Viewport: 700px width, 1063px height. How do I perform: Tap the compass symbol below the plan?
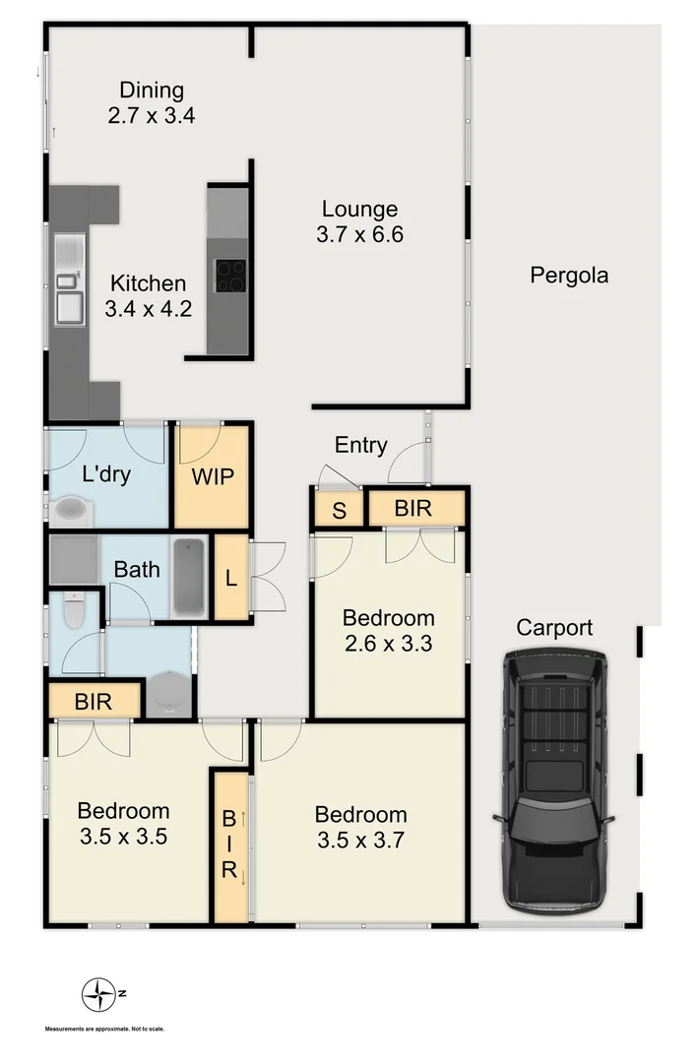[98, 994]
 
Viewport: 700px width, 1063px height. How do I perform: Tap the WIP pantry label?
[212, 477]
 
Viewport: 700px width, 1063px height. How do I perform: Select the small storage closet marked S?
[339, 510]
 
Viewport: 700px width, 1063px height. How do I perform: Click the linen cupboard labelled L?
[231, 577]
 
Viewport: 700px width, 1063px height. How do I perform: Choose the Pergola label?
[569, 276]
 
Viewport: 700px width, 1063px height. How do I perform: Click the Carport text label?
[555, 628]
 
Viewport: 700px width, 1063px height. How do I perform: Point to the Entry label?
[360, 445]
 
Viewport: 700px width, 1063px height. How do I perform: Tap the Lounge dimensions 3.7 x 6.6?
[360, 234]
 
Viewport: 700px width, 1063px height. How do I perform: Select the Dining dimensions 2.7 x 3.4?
[152, 115]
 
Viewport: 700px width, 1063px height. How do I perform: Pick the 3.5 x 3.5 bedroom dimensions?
[123, 837]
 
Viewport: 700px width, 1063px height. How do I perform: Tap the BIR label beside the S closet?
[414, 510]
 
